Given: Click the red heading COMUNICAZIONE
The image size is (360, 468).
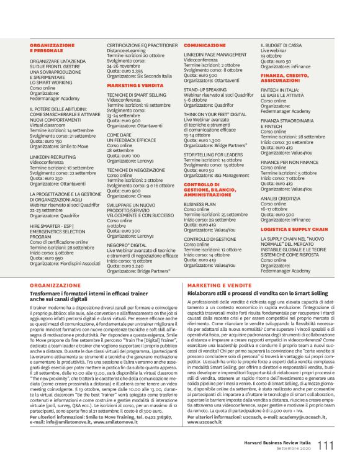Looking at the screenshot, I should [204, 45].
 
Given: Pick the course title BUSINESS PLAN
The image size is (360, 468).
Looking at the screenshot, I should [199, 203].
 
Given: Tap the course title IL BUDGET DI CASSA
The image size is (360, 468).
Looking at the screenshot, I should [281, 45].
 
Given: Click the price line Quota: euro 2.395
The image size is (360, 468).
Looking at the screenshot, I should [126, 71].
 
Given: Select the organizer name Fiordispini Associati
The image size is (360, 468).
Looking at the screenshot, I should [78, 263].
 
